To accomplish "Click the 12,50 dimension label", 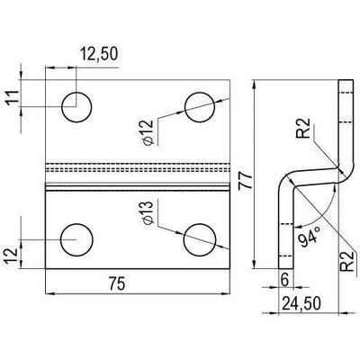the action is coord(99,54).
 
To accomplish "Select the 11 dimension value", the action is coord(13,97).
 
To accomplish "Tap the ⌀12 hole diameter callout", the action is coord(148,132).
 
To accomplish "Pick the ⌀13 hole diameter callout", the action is coord(148,213).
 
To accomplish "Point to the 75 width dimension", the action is coord(117,283).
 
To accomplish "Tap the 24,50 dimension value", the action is coord(301,303).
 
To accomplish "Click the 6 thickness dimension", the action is coord(284,280).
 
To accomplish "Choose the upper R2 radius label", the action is coord(302,128).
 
